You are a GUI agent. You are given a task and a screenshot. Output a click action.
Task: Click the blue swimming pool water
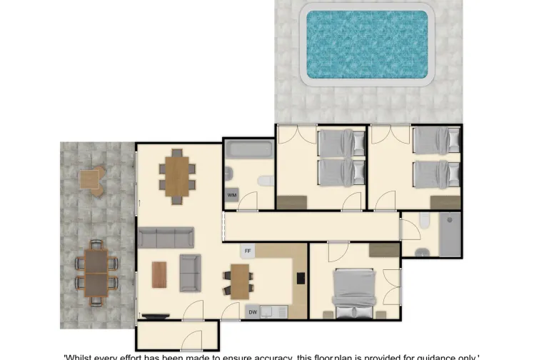(x=367, y=44)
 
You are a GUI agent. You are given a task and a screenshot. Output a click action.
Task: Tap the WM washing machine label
(x=232, y=194)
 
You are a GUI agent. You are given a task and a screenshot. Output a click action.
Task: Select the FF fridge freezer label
(x=248, y=251)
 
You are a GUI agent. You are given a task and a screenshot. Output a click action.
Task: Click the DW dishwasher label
(x=252, y=311)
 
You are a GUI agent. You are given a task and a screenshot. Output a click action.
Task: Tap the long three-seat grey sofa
(x=166, y=237)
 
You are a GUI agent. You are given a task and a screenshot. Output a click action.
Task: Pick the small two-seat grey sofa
(x=190, y=273)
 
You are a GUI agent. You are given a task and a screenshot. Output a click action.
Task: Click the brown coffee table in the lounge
(x=159, y=274)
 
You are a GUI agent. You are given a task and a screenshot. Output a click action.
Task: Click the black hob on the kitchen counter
(x=301, y=279)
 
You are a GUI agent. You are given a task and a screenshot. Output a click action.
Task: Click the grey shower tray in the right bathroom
(x=450, y=234)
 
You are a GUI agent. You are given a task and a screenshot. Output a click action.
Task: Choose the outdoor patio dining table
(x=96, y=273)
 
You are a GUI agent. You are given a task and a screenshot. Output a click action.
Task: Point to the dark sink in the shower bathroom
(x=422, y=251)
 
